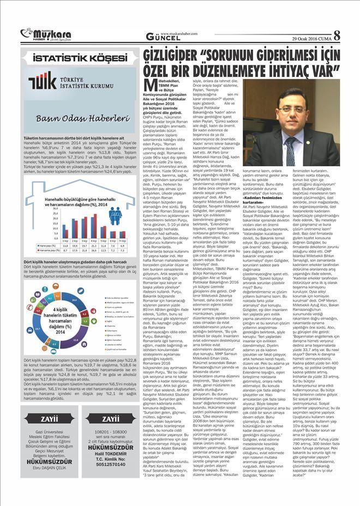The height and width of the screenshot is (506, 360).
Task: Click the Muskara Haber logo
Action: [41, 34]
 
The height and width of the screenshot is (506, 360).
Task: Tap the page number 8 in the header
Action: [337, 34]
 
